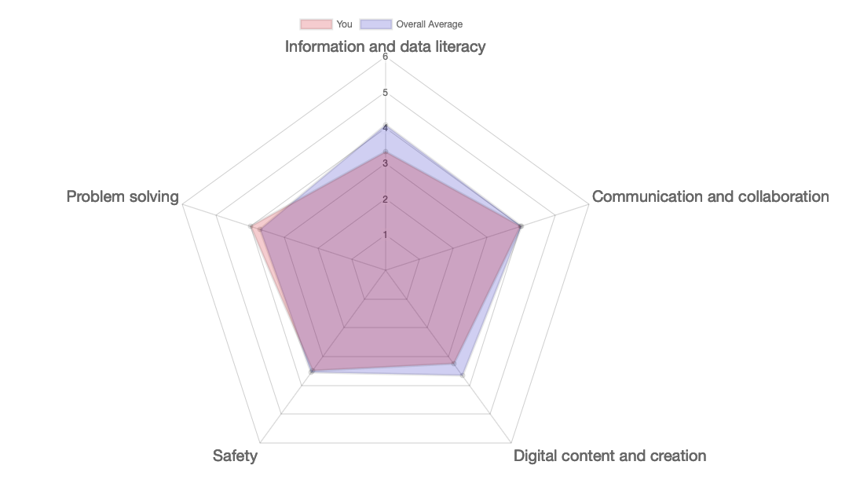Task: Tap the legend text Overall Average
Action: point(429,24)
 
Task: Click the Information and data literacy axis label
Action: point(385,46)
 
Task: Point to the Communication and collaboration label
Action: point(710,196)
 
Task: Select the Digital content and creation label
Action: point(609,456)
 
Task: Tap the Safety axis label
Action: point(235,456)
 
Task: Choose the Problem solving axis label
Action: point(123,196)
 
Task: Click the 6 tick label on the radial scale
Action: point(385,57)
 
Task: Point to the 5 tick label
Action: point(385,93)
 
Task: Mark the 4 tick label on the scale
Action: point(385,128)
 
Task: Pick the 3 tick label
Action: point(385,163)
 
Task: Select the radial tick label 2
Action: point(385,199)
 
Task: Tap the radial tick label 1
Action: point(385,234)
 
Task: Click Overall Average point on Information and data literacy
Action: point(386,126)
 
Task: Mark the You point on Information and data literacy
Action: point(386,152)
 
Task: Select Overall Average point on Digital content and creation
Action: point(463,375)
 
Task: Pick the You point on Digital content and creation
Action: point(454,363)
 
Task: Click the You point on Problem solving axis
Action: point(251,227)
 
